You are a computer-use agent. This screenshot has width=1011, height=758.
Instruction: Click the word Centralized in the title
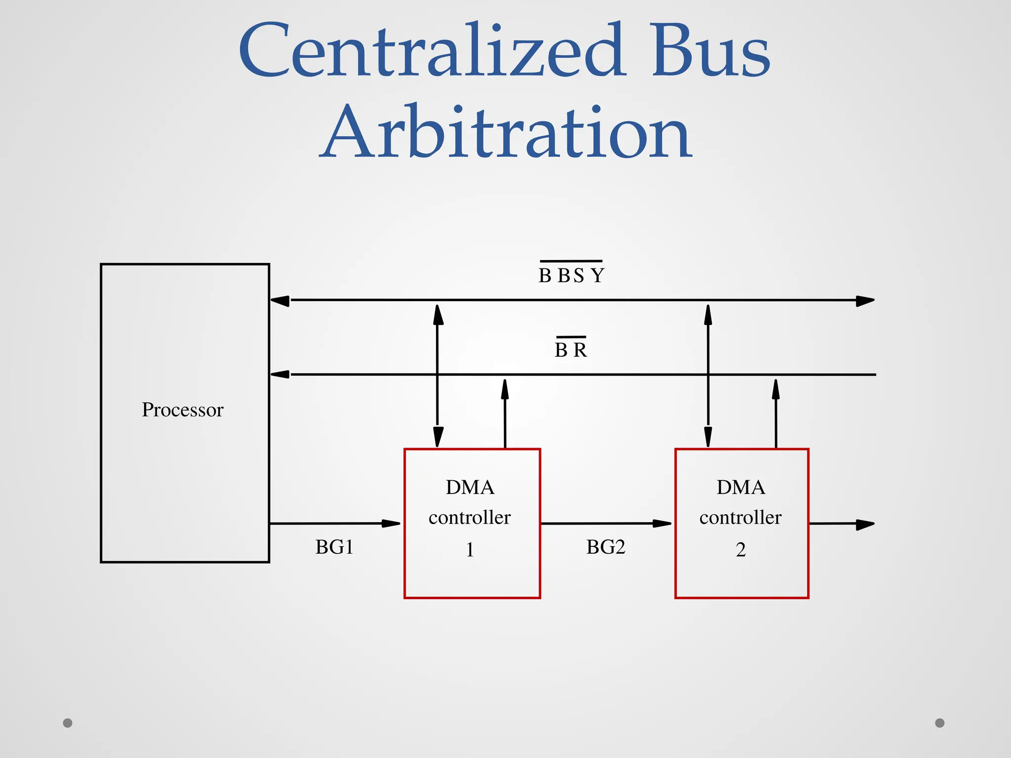432,50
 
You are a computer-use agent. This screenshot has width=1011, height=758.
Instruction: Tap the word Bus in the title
710,50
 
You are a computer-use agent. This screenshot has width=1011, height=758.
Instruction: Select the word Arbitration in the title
506,132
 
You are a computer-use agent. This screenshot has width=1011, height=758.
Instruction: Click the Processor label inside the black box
183,410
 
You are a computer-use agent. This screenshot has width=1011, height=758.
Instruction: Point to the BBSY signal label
571,275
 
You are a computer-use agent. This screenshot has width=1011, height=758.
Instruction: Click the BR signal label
571,350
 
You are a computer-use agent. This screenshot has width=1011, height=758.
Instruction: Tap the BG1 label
334,547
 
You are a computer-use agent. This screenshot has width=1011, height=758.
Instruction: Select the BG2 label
606,547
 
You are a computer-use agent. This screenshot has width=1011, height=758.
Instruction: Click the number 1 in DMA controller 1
470,549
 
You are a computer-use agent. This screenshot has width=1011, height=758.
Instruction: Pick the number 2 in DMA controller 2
740,549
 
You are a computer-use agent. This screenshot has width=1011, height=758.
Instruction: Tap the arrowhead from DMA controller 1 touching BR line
505,389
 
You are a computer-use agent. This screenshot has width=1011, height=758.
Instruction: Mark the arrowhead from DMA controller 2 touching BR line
776,389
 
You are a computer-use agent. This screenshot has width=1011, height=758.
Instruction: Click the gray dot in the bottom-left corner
68,723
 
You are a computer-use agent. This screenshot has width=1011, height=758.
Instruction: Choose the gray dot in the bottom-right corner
940,723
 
